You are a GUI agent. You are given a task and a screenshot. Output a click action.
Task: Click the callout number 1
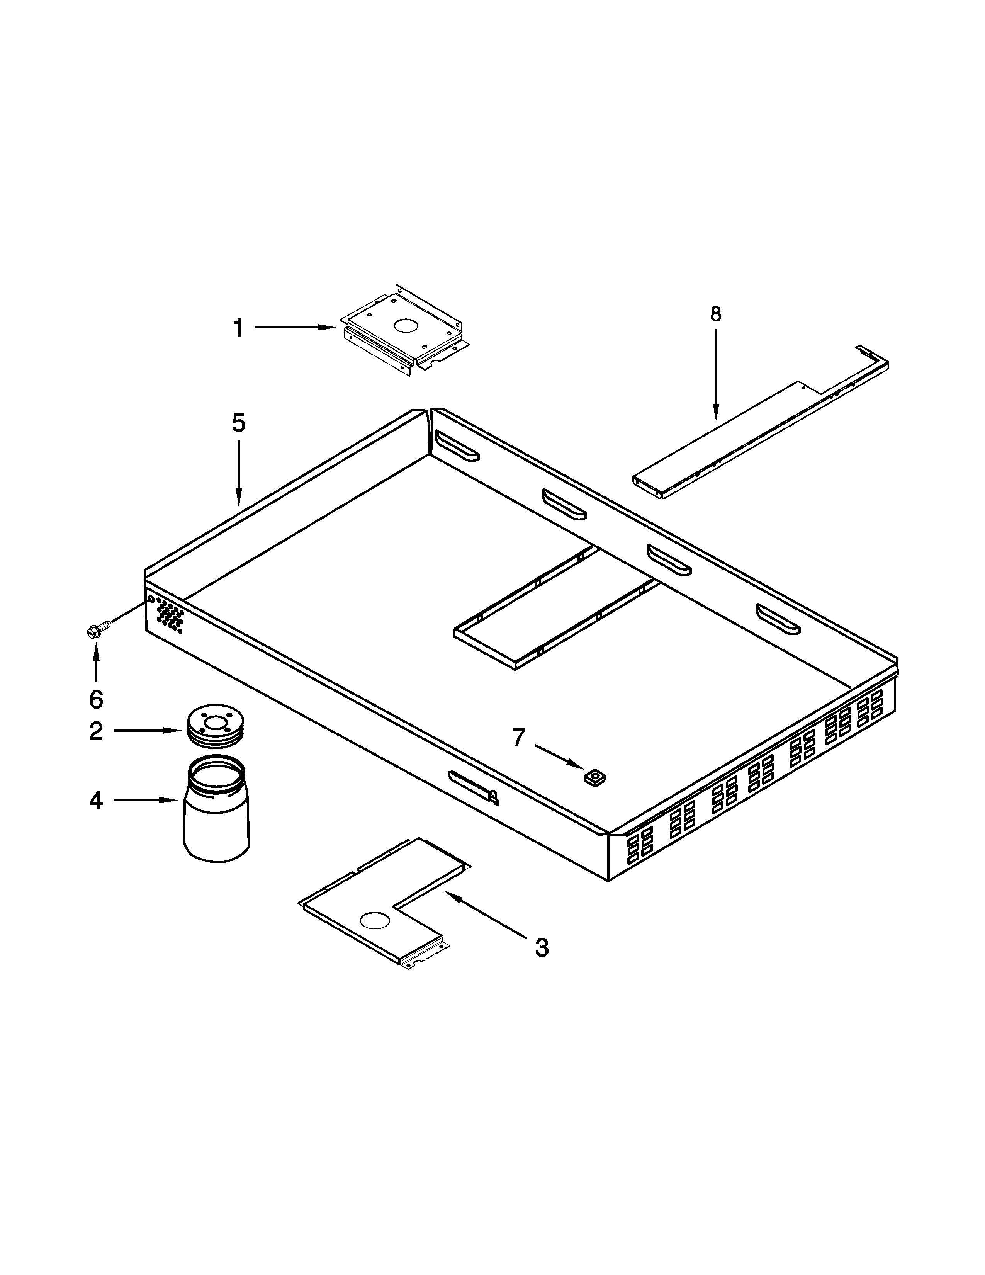238,329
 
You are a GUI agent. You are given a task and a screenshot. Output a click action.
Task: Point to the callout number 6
96,699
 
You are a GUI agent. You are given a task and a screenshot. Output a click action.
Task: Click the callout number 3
542,947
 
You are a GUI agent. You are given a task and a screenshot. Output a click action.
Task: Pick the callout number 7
519,738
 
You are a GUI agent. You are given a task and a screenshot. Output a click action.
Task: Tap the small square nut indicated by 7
594,777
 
